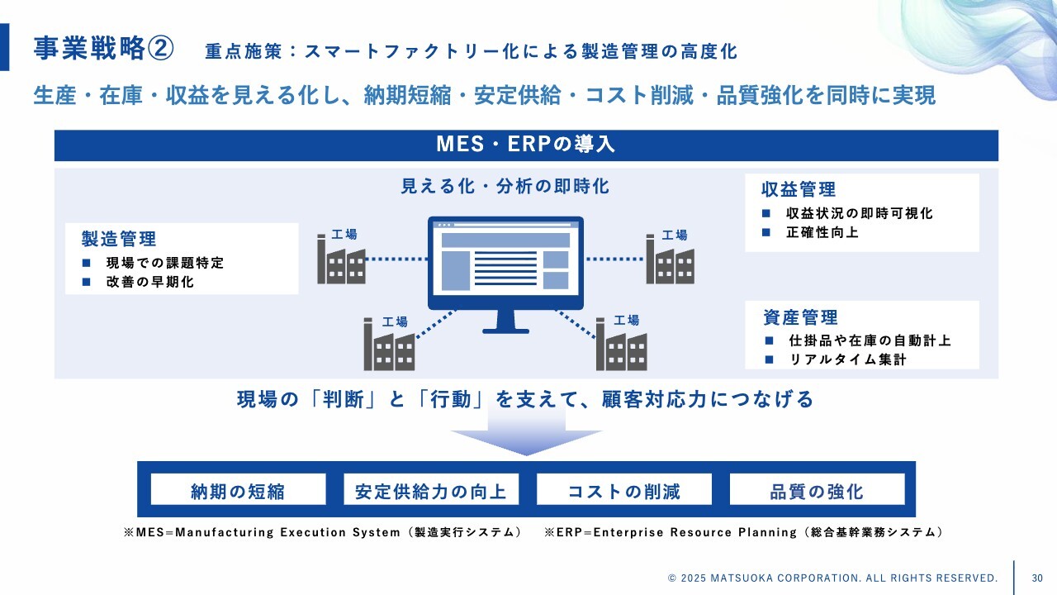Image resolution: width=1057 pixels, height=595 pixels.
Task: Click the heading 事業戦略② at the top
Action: tap(103, 49)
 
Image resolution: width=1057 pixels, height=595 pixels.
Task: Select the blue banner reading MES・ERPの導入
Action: tap(526, 145)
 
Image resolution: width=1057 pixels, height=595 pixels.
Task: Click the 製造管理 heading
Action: tap(119, 240)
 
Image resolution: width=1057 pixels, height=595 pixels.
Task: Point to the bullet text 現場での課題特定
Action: tap(165, 263)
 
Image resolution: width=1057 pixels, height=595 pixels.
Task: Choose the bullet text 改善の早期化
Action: tap(150, 282)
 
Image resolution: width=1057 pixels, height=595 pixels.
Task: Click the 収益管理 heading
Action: tap(799, 190)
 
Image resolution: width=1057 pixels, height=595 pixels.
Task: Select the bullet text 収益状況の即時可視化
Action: tap(860, 213)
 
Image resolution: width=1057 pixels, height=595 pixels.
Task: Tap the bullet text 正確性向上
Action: tap(822, 232)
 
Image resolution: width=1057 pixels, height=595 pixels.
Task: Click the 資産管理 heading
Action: tap(800, 317)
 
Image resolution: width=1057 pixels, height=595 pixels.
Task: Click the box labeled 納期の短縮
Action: tap(238, 492)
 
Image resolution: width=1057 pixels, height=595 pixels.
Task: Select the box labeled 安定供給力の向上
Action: tap(431, 492)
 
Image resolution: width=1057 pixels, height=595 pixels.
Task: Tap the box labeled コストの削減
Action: tap(624, 492)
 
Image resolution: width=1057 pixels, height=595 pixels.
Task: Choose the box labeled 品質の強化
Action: tap(817, 492)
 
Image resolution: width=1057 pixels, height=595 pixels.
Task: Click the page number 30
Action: tap(1037, 578)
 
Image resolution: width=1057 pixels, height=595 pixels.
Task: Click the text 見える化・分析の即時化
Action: tap(505, 187)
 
